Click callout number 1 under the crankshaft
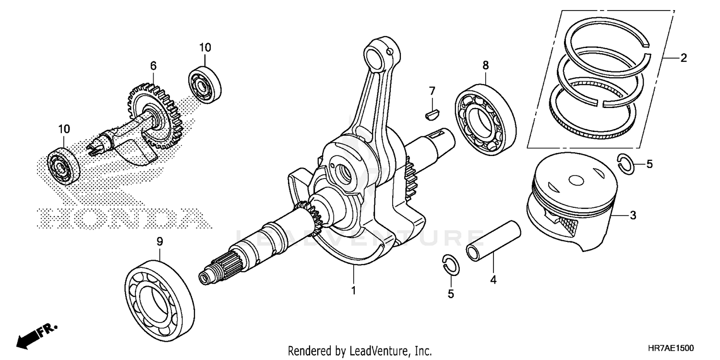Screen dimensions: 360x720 tap(353, 290)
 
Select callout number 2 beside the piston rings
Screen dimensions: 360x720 tap(683, 59)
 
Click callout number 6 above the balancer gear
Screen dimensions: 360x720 tap(153, 65)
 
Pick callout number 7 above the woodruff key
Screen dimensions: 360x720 tap(432, 91)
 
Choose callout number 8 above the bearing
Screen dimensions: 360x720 tap(485, 65)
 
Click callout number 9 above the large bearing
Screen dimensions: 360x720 tap(160, 243)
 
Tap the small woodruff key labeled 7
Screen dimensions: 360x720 tap(432, 114)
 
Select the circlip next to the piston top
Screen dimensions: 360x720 tap(625, 164)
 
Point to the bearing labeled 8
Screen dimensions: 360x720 tap(485, 119)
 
